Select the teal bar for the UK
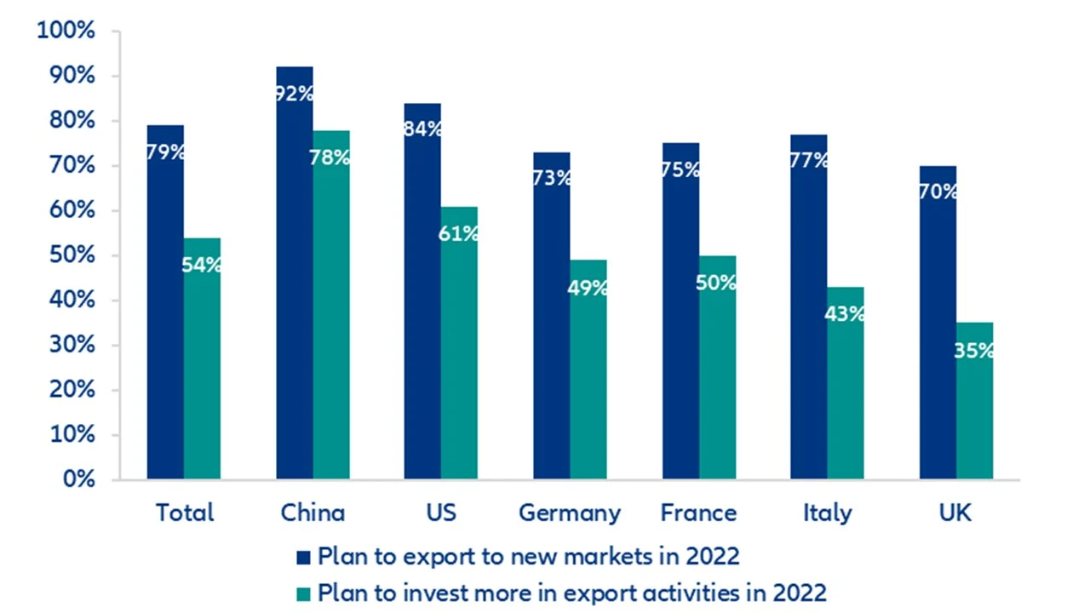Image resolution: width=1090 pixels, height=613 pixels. click(x=974, y=409)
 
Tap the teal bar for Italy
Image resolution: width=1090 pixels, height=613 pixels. click(x=846, y=392)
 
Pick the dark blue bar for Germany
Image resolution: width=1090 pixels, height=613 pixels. click(x=552, y=324)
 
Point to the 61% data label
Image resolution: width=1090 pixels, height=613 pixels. click(x=458, y=233)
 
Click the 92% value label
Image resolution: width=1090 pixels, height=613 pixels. click(x=295, y=94)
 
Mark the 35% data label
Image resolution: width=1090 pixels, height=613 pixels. click(x=974, y=350)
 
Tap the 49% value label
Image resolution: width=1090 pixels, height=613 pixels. click(x=588, y=288)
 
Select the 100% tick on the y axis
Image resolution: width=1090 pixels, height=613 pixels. click(x=66, y=32)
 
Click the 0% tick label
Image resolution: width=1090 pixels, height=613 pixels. click(x=77, y=480)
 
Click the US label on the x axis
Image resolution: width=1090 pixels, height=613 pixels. click(x=440, y=513)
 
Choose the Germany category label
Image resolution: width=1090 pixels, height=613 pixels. click(x=570, y=513)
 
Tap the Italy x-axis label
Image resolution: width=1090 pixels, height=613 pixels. click(x=827, y=513)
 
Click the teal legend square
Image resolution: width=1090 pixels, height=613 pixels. click(x=304, y=593)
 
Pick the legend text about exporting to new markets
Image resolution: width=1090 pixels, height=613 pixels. click(x=528, y=557)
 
